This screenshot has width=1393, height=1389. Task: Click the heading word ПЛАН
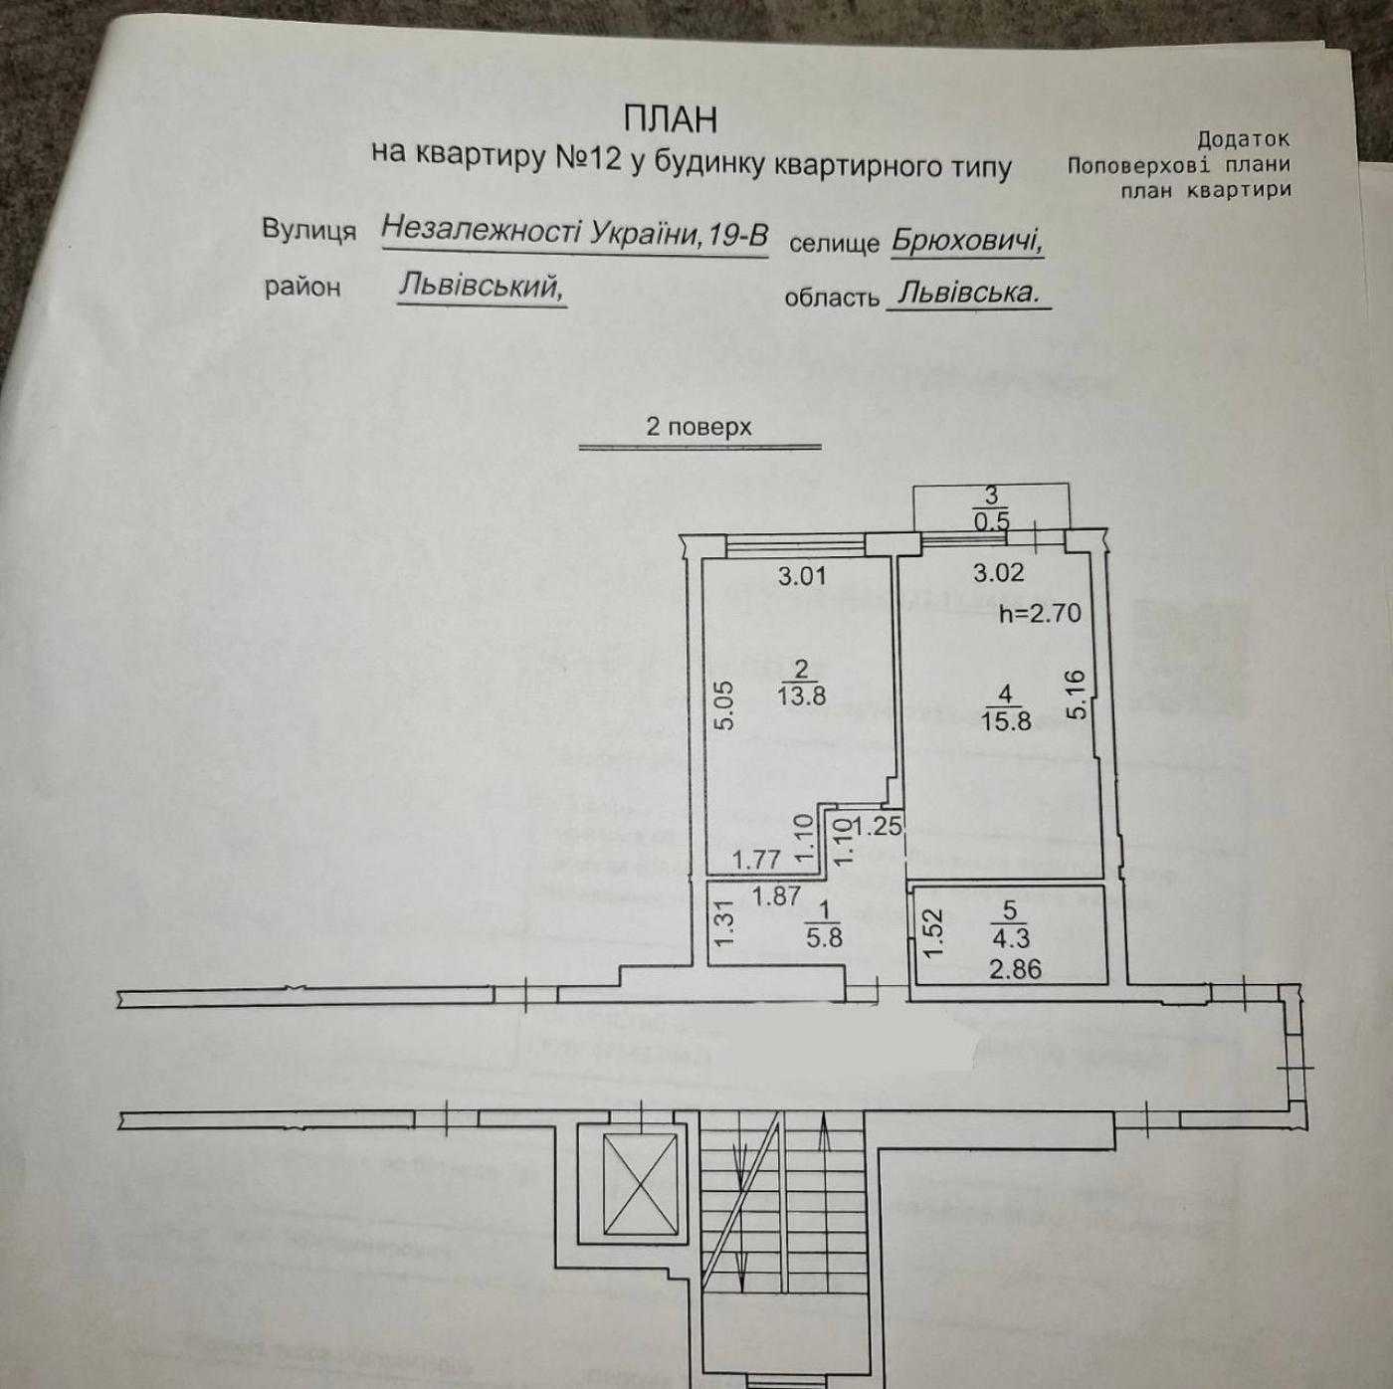click(x=670, y=119)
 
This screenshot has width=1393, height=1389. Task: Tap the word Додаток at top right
click(x=1243, y=140)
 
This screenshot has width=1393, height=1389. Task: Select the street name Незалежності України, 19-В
click(x=574, y=233)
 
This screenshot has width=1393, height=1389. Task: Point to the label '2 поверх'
click(x=698, y=427)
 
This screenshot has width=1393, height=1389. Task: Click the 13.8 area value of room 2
click(x=802, y=695)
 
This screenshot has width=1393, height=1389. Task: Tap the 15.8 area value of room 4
click(x=1006, y=720)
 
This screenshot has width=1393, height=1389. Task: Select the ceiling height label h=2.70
click(x=1040, y=613)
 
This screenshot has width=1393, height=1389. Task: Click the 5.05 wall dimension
click(x=725, y=704)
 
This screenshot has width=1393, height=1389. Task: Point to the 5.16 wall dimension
click(x=1077, y=694)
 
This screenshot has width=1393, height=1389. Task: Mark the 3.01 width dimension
click(x=802, y=575)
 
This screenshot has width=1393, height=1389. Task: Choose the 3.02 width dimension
click(x=998, y=573)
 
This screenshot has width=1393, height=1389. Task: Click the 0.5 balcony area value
click(x=991, y=520)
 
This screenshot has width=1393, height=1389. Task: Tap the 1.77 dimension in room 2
click(x=756, y=859)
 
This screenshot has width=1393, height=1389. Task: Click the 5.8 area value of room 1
click(x=824, y=936)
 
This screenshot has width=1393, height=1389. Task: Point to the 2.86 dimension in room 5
click(x=1015, y=968)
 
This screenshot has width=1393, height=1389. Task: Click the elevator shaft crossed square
click(x=642, y=1185)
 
